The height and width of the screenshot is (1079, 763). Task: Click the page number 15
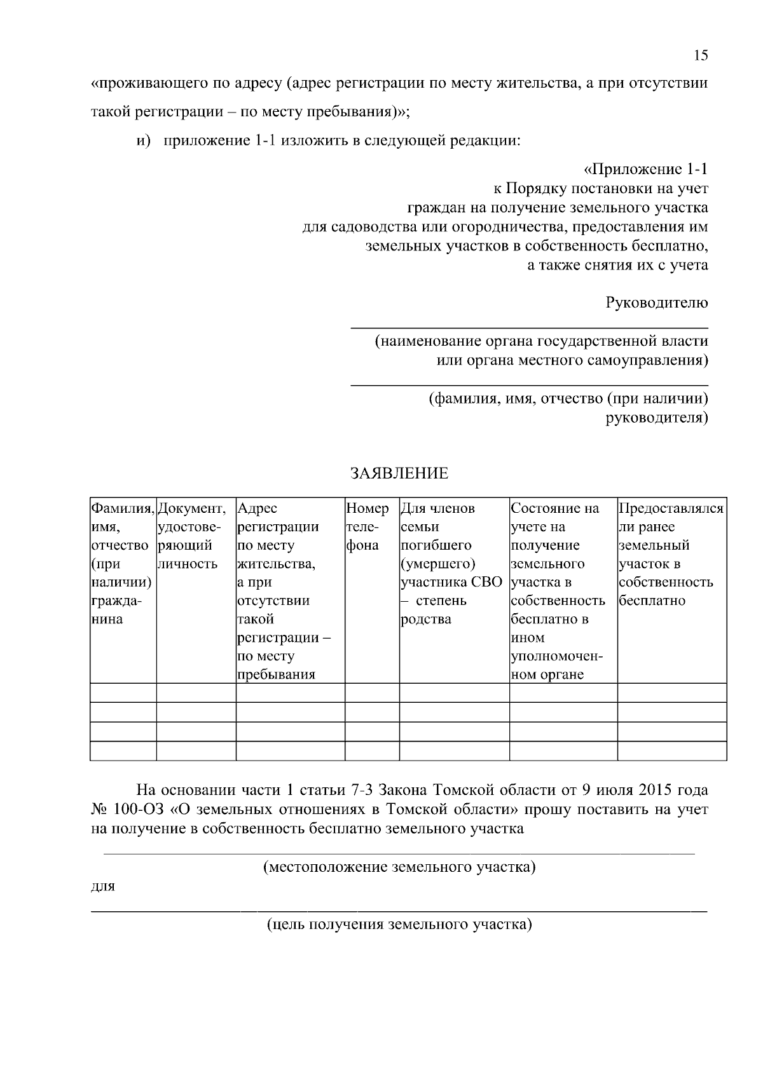tap(700, 55)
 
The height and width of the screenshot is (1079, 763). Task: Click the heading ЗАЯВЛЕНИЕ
tap(399, 473)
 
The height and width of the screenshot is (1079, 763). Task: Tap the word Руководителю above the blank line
tap(657, 302)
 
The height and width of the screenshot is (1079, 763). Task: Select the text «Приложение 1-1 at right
tap(645, 170)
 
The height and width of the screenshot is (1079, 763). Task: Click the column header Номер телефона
tap(368, 527)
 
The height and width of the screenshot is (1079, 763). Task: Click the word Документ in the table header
tap(191, 508)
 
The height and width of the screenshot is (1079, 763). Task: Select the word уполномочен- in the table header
tap(557, 656)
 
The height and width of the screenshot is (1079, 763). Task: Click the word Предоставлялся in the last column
tap(671, 508)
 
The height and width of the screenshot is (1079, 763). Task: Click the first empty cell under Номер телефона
tap(371, 693)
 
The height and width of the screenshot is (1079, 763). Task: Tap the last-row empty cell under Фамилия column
tap(123, 750)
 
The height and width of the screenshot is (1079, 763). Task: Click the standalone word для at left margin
tap(103, 886)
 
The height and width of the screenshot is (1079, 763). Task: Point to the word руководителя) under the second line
tap(656, 418)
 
